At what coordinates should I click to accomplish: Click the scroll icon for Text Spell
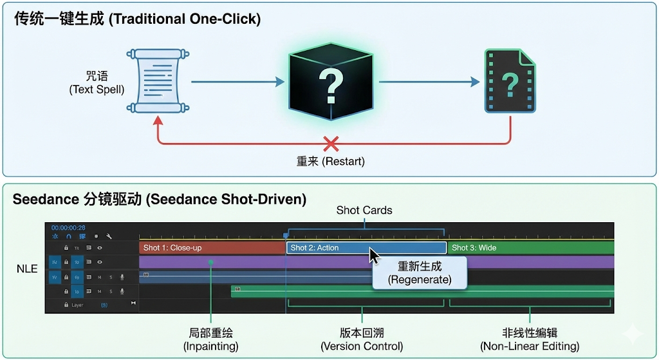(152, 81)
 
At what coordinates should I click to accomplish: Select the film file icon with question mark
(510, 82)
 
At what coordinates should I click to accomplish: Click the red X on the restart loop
(331, 144)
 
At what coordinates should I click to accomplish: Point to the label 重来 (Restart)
(331, 161)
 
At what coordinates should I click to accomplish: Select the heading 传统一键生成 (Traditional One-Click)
(137, 19)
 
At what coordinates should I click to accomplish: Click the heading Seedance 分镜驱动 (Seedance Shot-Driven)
(160, 199)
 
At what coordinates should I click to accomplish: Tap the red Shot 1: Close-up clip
(212, 247)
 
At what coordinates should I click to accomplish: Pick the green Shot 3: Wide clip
(530, 247)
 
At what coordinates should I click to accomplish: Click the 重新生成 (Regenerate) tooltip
(420, 273)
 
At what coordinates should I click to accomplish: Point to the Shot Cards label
(364, 211)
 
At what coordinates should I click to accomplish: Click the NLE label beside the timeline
(28, 269)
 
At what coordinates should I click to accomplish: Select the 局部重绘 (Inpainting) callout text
(211, 339)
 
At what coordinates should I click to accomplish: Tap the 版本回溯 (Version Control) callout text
(362, 339)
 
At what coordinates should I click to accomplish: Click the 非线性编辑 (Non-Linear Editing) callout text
(530, 339)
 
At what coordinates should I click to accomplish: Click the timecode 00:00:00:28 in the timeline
(69, 227)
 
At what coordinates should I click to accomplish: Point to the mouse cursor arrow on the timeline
(374, 256)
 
